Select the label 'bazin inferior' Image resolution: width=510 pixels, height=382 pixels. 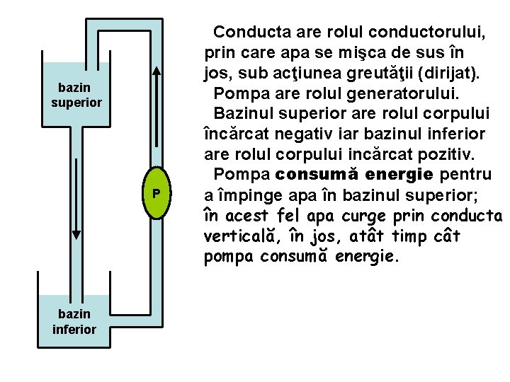[x=74, y=321]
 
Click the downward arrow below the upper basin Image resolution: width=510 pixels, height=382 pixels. [x=76, y=205]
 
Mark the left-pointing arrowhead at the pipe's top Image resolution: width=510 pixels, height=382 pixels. [x=101, y=31]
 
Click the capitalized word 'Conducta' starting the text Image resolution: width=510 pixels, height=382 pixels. [x=249, y=32]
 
